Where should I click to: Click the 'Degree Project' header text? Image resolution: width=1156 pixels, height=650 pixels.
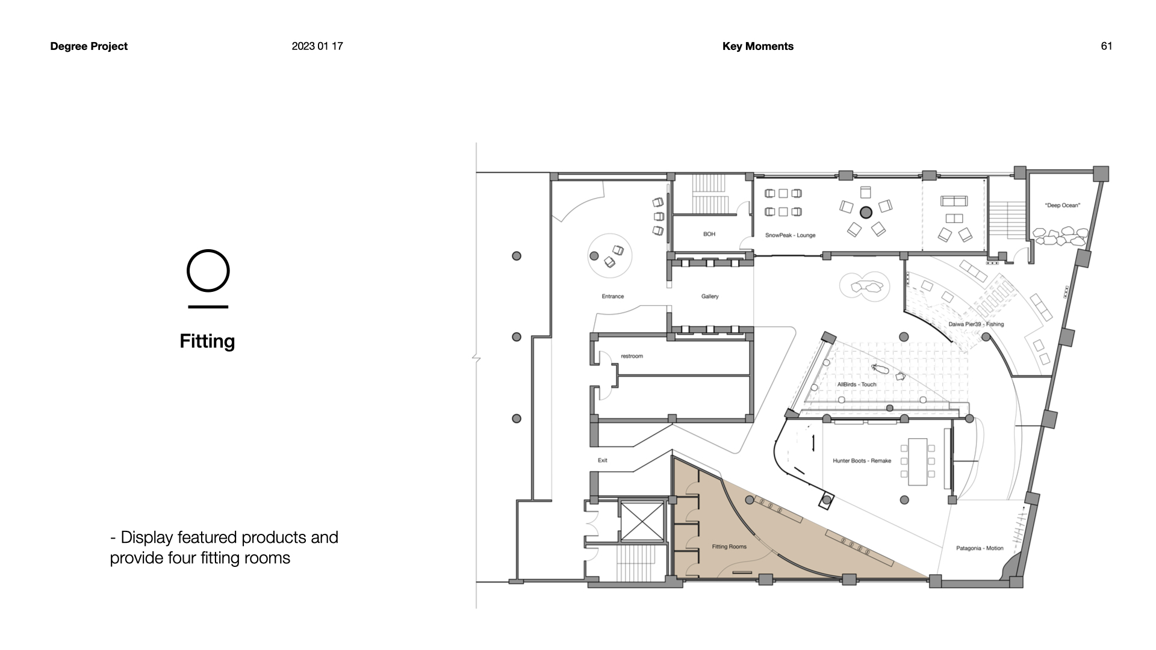pyautogui.click(x=89, y=46)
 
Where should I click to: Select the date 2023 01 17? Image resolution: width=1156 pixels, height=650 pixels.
pyautogui.click(x=317, y=46)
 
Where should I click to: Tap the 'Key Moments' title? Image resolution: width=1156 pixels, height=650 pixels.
pyautogui.click(x=758, y=46)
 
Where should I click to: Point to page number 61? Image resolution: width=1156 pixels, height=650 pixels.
pyautogui.click(x=1107, y=46)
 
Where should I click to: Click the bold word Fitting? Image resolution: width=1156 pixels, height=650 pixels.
pyautogui.click(x=207, y=341)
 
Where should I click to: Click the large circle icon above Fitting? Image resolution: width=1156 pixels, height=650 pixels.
pyautogui.click(x=208, y=271)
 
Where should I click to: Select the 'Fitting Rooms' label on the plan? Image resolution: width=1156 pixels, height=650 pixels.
pyautogui.click(x=729, y=546)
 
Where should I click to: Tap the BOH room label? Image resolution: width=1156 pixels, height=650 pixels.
pyautogui.click(x=709, y=234)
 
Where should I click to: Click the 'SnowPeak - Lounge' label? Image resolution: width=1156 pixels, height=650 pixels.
pyautogui.click(x=790, y=235)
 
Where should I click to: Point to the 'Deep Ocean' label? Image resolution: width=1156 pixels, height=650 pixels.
pyautogui.click(x=1063, y=206)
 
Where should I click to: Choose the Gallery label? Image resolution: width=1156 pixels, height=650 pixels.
pyautogui.click(x=710, y=296)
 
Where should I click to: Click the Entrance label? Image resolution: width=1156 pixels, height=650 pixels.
pyautogui.click(x=613, y=296)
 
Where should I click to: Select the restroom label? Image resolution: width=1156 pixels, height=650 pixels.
pyautogui.click(x=632, y=356)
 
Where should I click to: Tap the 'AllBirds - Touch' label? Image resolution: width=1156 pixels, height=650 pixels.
pyautogui.click(x=857, y=385)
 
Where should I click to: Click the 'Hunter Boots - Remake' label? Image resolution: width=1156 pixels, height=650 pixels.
pyautogui.click(x=862, y=461)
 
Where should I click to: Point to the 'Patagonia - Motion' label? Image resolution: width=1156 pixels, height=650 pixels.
pyautogui.click(x=980, y=548)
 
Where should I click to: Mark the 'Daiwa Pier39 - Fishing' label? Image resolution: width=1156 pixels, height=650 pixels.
pyautogui.click(x=976, y=324)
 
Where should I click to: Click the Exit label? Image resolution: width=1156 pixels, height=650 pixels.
pyautogui.click(x=603, y=460)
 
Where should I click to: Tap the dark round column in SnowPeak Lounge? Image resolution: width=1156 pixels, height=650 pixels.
pyautogui.click(x=866, y=212)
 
